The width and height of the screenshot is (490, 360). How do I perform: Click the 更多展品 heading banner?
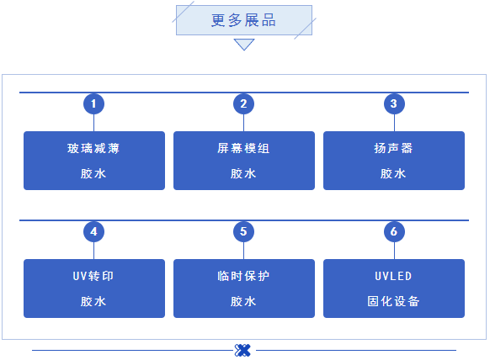pos(244,20)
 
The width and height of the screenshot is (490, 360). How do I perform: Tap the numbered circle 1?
pos(93,103)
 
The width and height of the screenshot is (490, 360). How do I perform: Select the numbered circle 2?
pos(243,103)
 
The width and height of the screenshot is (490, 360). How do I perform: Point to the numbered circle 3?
pos(393,103)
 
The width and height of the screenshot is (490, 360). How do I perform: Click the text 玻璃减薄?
pos(93,149)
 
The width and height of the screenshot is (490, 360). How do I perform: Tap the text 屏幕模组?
pos(243,149)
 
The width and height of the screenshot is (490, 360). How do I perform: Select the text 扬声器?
pos(393,149)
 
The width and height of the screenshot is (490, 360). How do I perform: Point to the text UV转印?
pos(93,277)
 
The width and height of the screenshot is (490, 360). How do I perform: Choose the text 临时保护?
pos(243,277)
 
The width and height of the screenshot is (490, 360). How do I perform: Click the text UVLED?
pos(393,277)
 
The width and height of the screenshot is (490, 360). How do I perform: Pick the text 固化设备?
pos(393,300)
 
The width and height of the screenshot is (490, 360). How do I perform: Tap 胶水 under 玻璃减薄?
pos(93,173)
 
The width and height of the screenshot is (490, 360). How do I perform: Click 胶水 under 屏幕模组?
pos(243,173)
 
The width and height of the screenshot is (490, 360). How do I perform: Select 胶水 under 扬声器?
pos(393,173)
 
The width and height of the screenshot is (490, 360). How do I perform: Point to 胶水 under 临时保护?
pos(243,300)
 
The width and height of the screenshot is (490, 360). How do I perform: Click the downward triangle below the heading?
pos(244,44)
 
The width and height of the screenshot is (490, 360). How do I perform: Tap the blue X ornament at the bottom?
pos(243,350)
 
